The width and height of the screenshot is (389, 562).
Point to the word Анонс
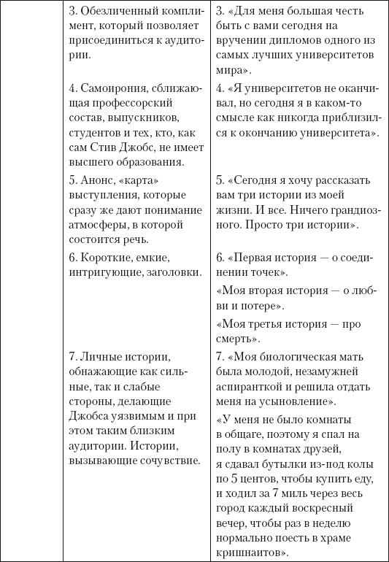(x=99, y=180)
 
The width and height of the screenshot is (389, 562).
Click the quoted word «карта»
(x=142, y=180)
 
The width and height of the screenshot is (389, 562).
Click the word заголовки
(x=172, y=272)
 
